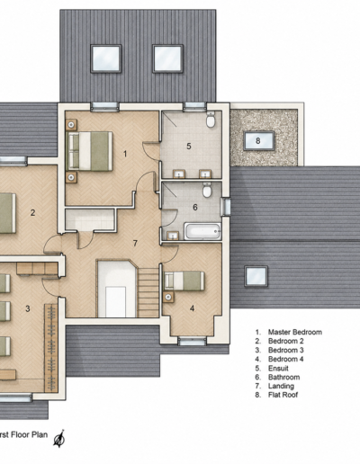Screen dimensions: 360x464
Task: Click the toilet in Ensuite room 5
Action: pos(211,120)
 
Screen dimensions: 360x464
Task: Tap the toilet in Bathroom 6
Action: pos(207,190)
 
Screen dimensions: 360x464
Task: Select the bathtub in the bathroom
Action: pos(202,231)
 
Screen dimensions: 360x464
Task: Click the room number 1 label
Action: pos(125,154)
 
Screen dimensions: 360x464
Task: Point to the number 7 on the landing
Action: pos(135,243)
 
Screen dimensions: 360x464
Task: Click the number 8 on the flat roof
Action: pos(258,140)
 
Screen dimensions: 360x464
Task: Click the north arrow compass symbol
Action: pos(59,439)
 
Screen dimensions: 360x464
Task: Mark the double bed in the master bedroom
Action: pos(90,151)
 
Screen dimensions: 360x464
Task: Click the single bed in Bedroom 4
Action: pos(184,281)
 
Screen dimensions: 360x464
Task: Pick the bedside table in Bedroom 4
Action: pos(168,297)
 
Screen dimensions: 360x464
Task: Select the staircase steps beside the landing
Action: pos(148,292)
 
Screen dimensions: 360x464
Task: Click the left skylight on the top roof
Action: pos(106,58)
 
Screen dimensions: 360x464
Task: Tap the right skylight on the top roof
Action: pos(167,58)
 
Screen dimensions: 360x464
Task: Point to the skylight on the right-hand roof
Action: pos(256,276)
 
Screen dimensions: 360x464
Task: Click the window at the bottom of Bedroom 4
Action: pos(192,341)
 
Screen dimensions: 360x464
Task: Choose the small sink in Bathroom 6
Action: pos(173,236)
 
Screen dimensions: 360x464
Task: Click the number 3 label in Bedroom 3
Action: pos(28,308)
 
